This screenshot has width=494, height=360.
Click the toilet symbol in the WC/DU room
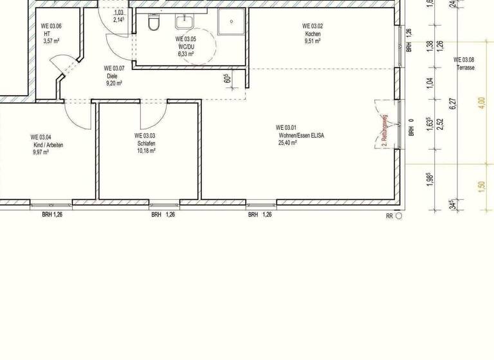coord(153,23)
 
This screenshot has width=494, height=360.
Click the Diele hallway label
coord(113,76)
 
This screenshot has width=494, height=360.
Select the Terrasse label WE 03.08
coord(465,63)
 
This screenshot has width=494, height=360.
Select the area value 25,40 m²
coord(288,143)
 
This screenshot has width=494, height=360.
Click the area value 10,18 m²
coord(146,151)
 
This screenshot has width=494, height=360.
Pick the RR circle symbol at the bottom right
coord(399,217)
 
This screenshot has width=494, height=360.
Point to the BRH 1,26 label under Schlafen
coord(163,214)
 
